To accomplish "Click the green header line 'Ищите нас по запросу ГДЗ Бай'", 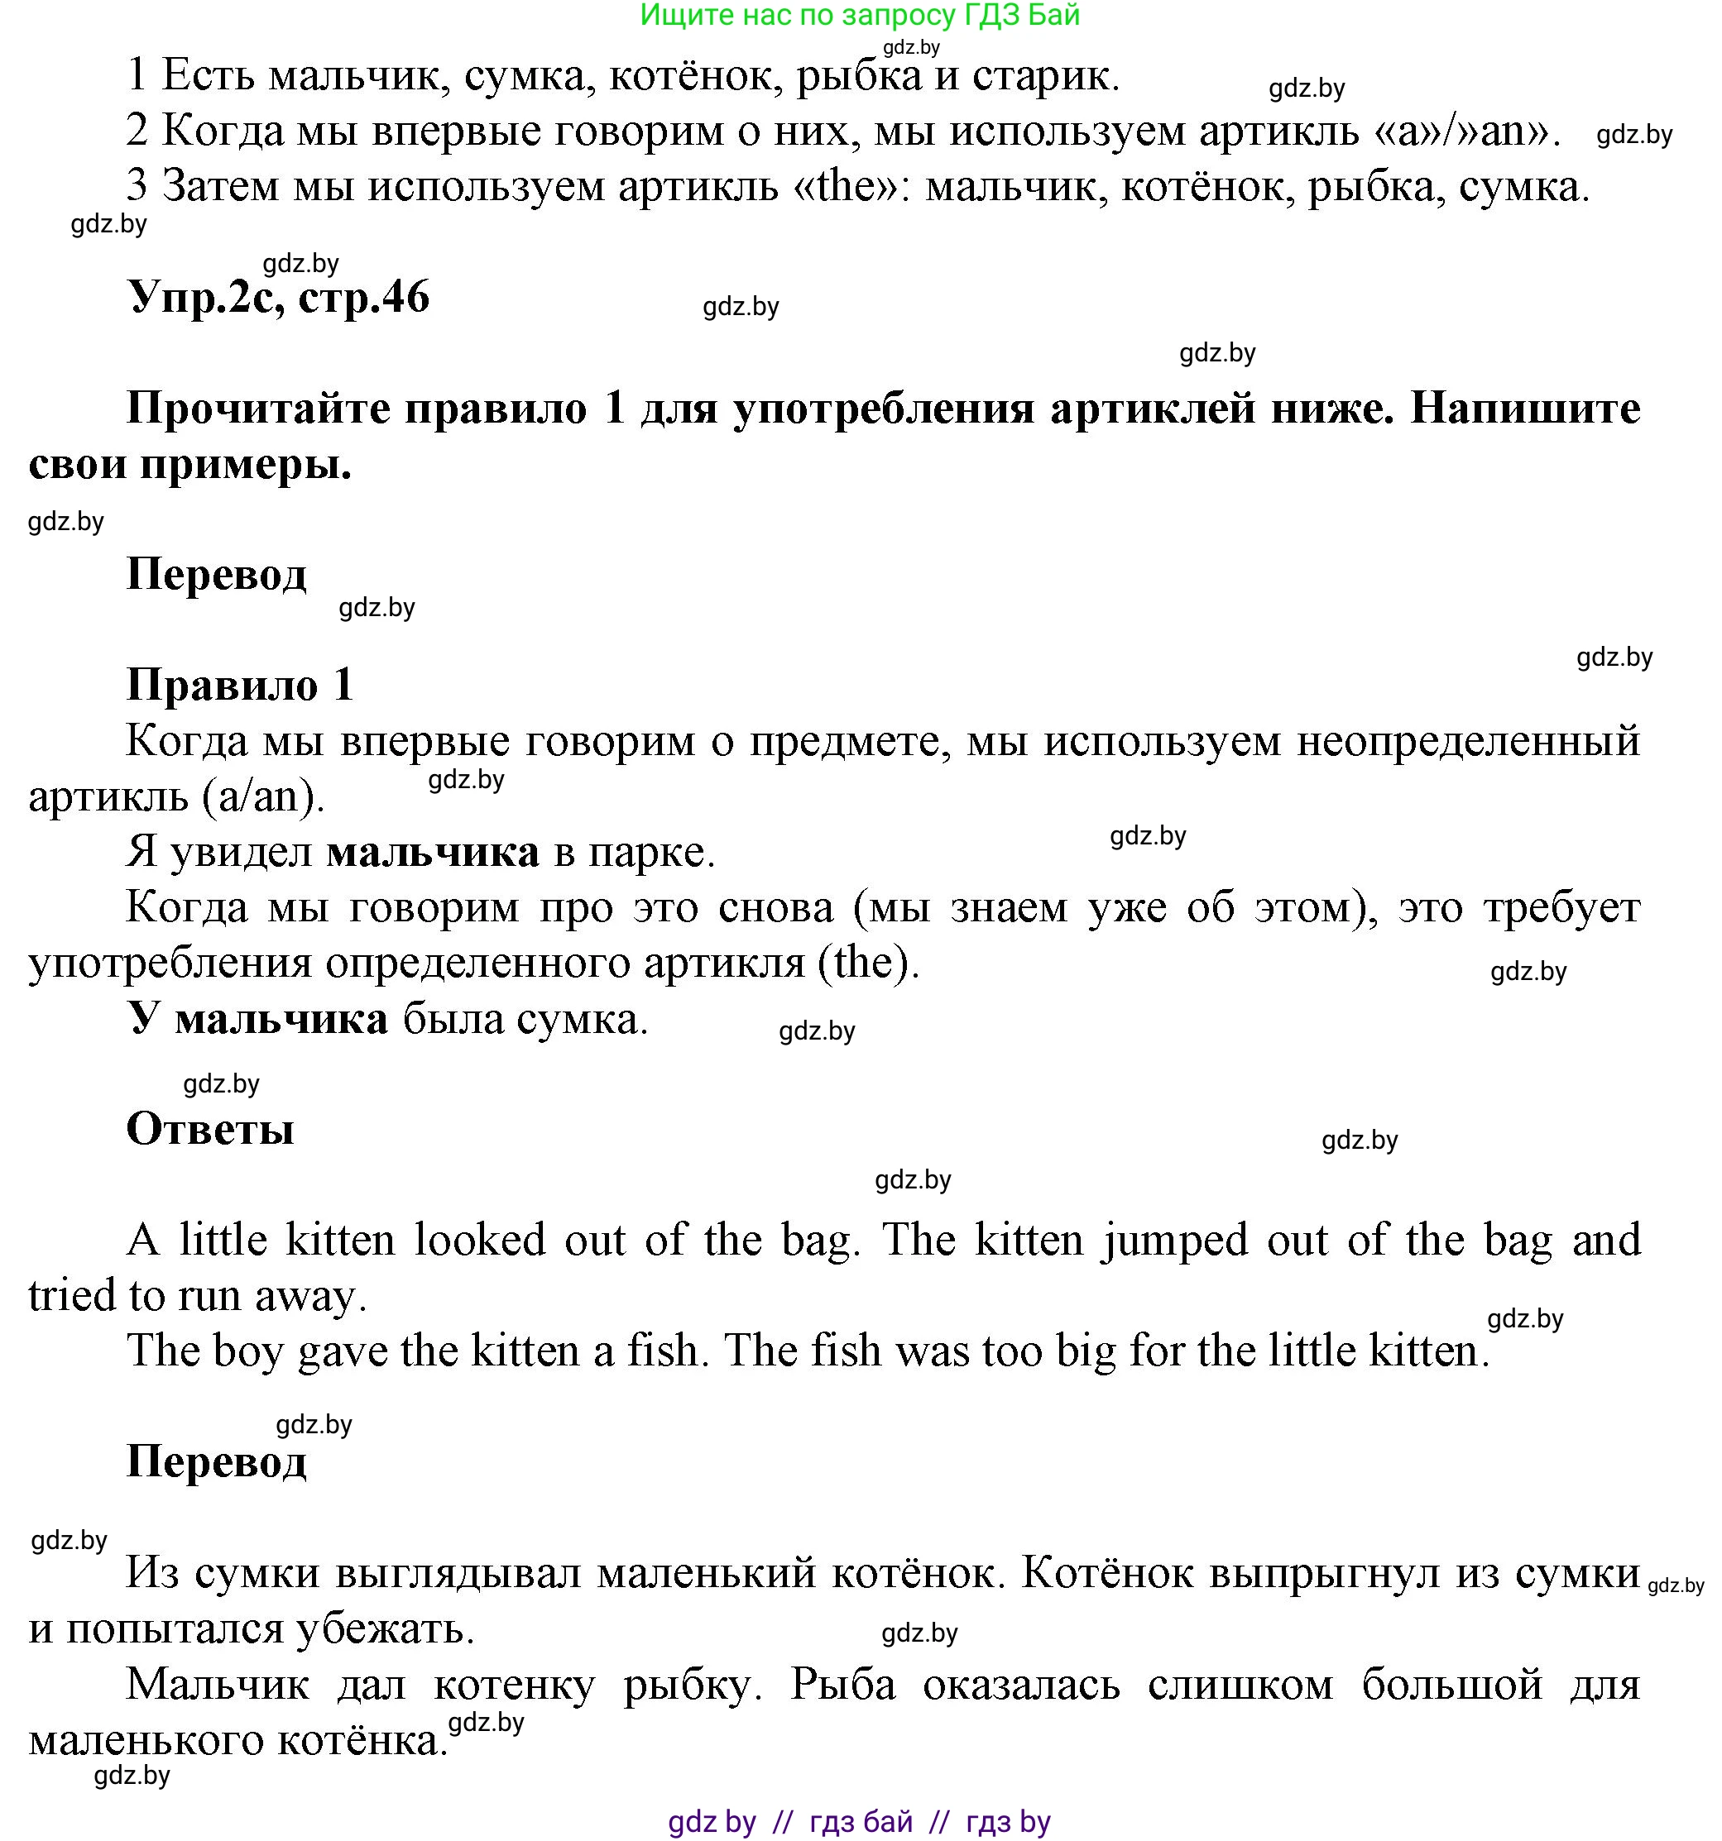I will click(x=860, y=16).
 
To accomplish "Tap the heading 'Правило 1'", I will click(x=240, y=686).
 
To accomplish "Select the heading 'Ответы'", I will click(x=210, y=1129).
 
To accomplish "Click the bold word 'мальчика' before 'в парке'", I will click(x=433, y=852).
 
